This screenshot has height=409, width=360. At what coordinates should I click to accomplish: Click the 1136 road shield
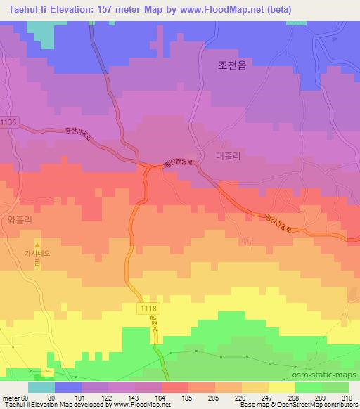8,122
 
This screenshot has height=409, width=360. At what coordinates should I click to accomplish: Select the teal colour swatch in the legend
41,387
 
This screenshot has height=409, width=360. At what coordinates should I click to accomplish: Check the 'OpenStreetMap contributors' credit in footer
321,405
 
